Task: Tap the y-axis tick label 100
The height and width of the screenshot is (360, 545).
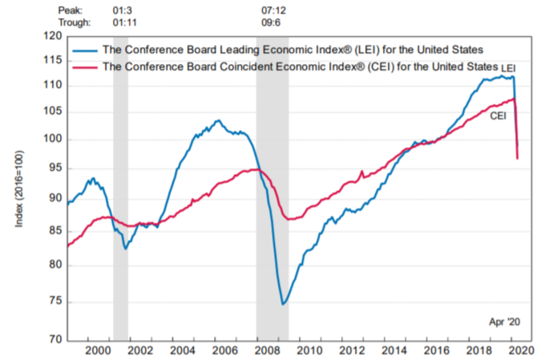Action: tap(53, 140)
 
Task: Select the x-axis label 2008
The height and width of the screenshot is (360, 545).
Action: tap(267, 350)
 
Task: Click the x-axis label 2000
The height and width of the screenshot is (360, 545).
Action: tap(99, 350)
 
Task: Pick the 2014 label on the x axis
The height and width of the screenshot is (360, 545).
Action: tap(393, 350)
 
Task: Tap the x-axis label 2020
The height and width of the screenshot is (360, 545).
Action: tap(519, 350)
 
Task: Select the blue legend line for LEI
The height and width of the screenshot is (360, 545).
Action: tap(83, 50)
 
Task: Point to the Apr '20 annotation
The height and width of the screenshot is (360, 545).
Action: tap(505, 322)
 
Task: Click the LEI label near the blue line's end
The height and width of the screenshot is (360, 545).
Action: tap(508, 68)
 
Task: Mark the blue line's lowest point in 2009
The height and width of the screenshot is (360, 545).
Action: tap(283, 304)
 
